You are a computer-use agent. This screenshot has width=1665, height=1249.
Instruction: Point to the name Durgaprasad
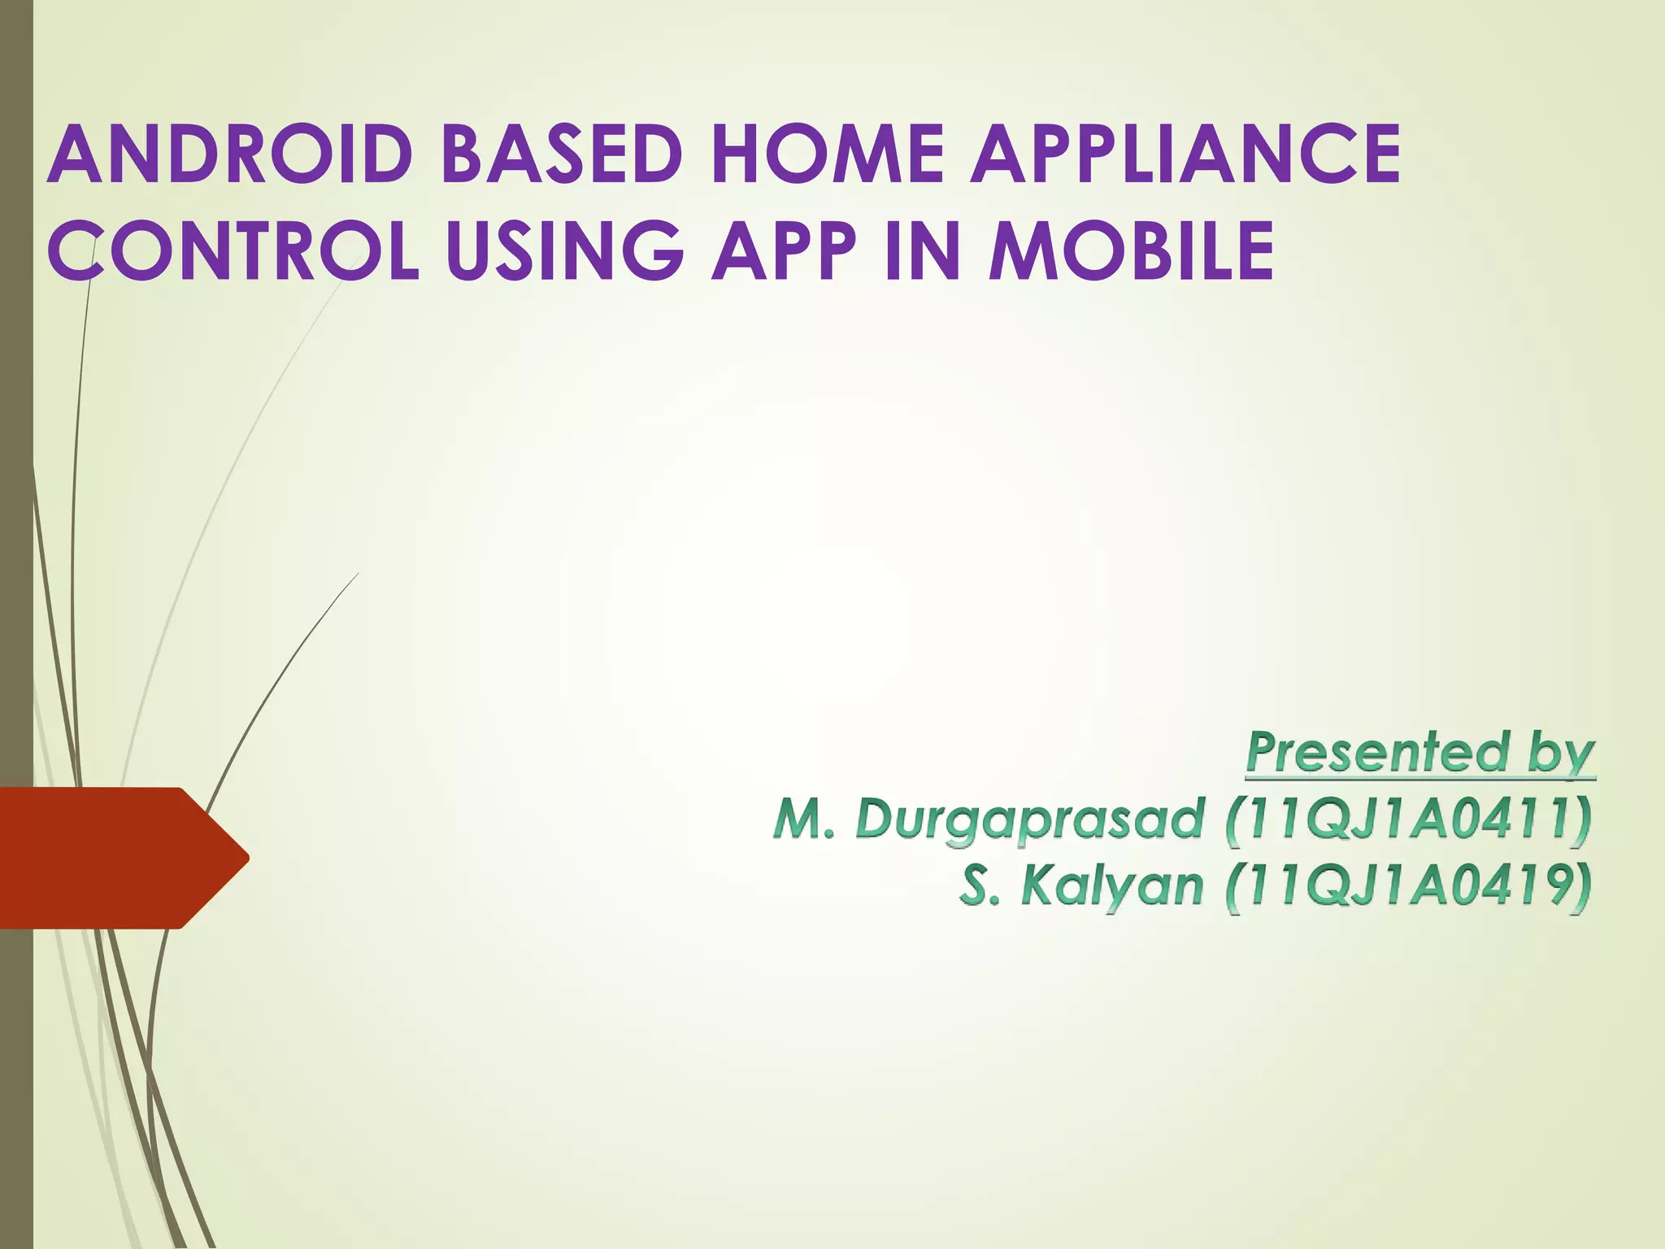pos(1029,818)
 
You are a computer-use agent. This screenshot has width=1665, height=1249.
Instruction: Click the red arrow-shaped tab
pos(106,857)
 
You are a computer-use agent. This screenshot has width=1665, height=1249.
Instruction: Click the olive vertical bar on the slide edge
pos(16,407)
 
